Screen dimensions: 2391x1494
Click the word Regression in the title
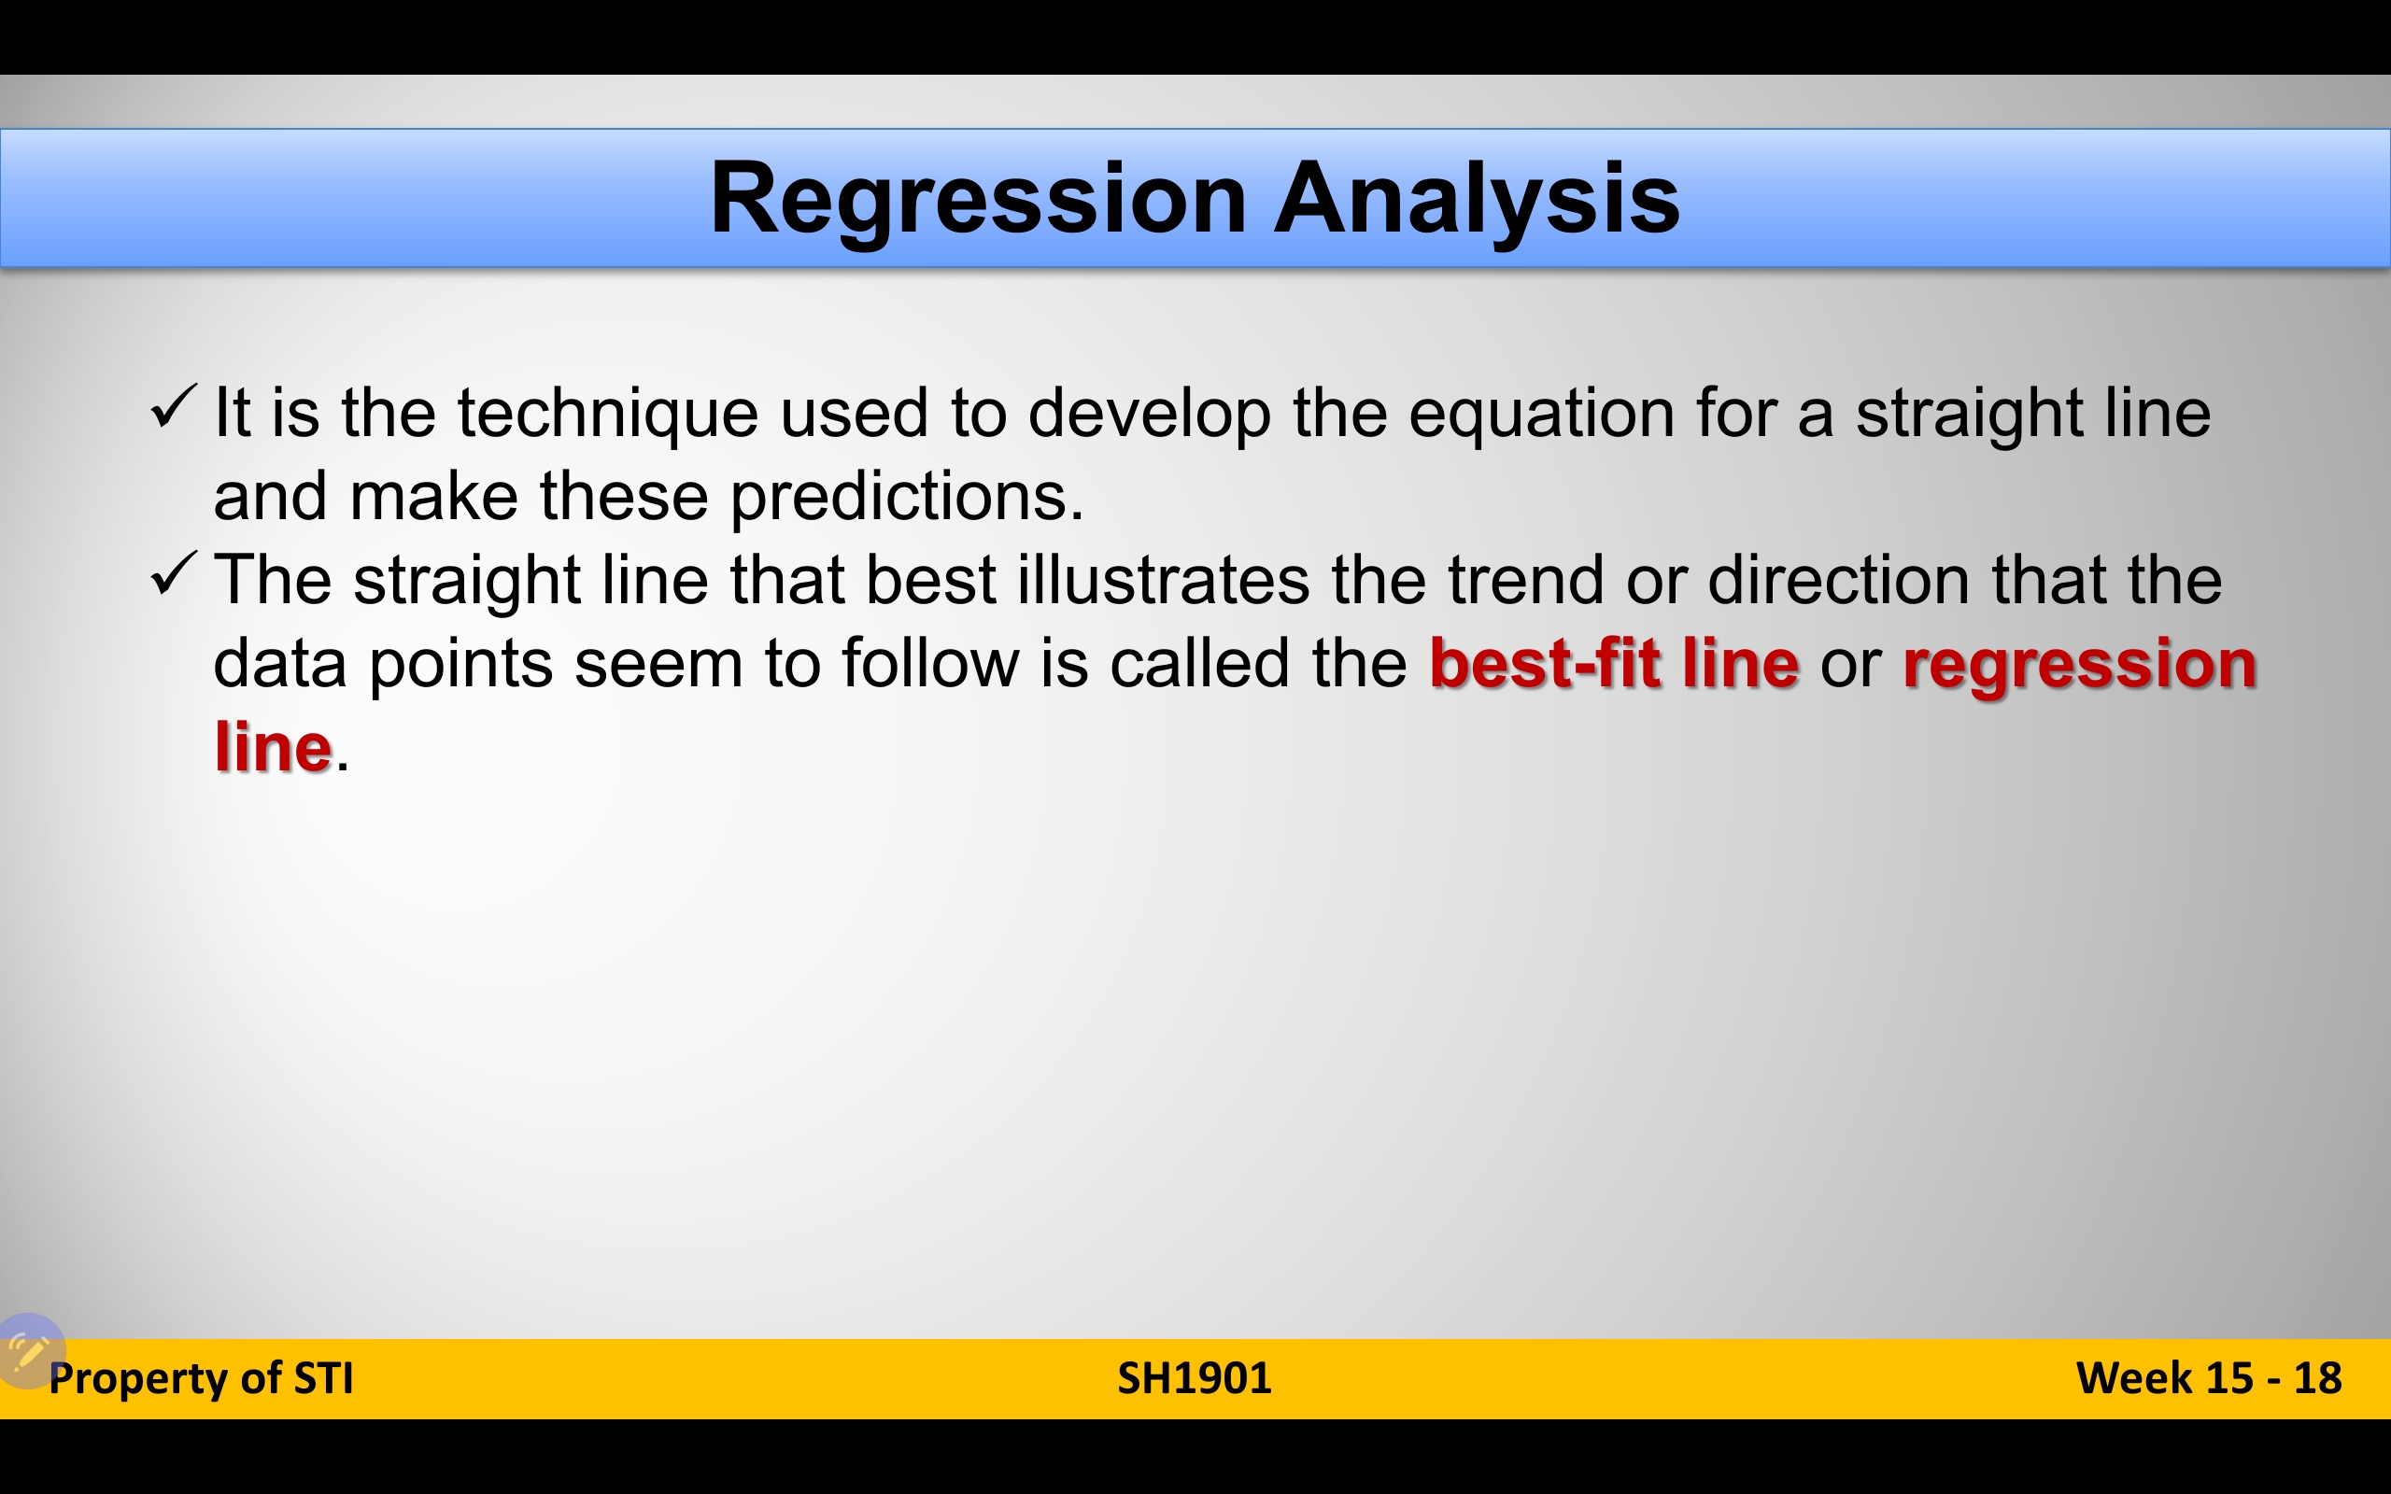point(978,201)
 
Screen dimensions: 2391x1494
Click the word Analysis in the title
point(1477,201)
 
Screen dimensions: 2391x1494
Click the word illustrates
point(1163,580)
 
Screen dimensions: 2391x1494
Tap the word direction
point(1839,580)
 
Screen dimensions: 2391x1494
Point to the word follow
point(929,663)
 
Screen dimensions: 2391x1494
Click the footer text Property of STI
point(201,1379)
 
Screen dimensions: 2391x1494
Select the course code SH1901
point(1195,1378)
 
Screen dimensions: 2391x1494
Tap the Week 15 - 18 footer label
point(2209,1378)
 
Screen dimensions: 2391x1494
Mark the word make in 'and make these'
point(433,497)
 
